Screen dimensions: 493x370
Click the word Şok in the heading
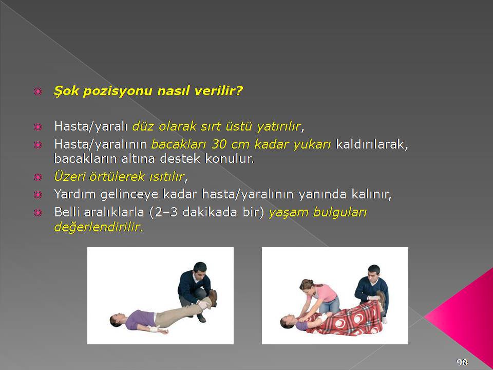click(65, 91)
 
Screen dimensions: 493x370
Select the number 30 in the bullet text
click(219, 144)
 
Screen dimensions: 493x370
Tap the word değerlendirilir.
click(99, 227)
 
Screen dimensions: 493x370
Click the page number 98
click(462, 362)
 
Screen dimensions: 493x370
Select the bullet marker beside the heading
click(37, 91)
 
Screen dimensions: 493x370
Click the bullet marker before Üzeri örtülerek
click(37, 177)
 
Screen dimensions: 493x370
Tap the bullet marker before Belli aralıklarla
click(37, 213)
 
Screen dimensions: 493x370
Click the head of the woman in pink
click(307, 286)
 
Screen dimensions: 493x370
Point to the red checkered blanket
click(345, 319)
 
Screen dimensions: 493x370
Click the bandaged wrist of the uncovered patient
click(154, 329)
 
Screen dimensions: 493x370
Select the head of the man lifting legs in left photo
click(200, 269)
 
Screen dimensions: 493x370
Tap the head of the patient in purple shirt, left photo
click(116, 320)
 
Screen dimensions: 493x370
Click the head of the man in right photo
click(374, 272)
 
